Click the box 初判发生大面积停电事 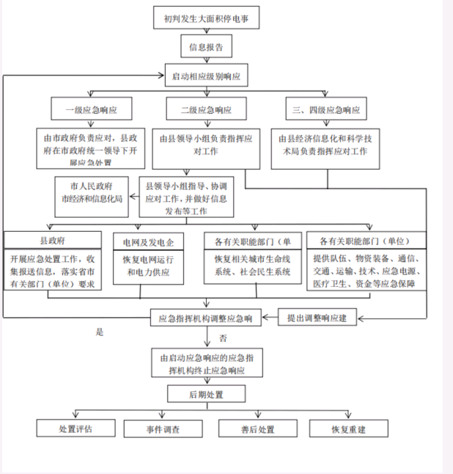206,18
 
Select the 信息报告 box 206,48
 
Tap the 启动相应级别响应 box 206,76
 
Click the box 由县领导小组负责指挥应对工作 206,142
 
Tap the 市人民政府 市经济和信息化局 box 91,195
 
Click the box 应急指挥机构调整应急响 206,318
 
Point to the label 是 100,332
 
